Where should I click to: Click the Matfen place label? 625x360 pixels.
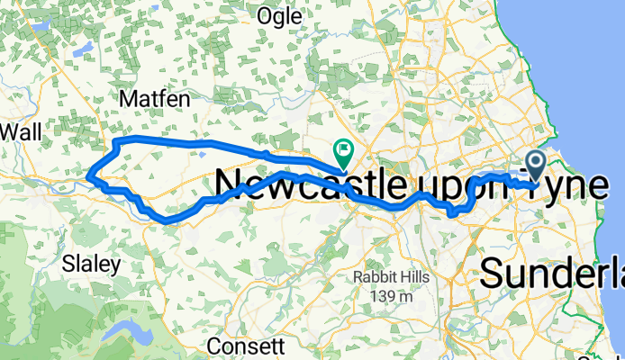click(x=149, y=95)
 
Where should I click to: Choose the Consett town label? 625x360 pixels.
click(x=246, y=346)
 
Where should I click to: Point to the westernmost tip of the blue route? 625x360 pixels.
click(x=91, y=176)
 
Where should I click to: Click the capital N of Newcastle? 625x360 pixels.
click(x=229, y=185)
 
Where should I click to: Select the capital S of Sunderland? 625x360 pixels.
click(x=494, y=272)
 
